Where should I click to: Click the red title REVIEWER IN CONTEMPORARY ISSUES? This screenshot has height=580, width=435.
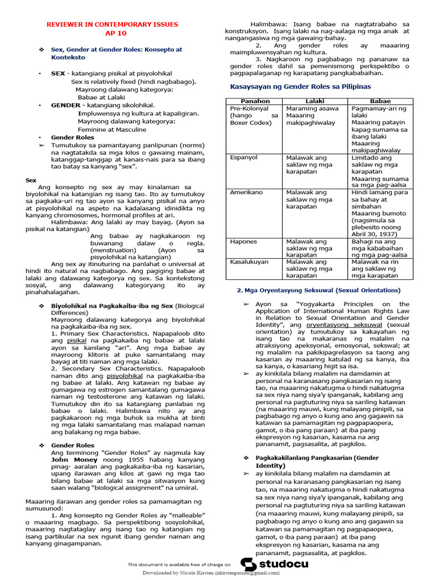pos(112,24)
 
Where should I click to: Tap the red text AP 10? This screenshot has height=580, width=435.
pos(112,33)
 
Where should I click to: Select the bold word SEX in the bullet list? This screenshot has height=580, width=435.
pos(58,74)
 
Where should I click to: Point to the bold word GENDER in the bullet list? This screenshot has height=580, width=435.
pos(66,105)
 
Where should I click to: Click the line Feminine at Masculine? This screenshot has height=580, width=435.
pos(112,129)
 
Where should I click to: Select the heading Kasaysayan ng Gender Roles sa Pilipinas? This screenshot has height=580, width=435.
pos(300,87)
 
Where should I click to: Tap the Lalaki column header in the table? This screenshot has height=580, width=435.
pos(314,101)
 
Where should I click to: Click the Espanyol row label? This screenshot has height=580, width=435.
pos(244,157)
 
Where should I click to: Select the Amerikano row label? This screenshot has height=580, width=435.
pos(246,193)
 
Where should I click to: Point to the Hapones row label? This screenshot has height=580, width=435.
pos(244,241)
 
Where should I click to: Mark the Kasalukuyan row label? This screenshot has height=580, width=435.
pos(249,262)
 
